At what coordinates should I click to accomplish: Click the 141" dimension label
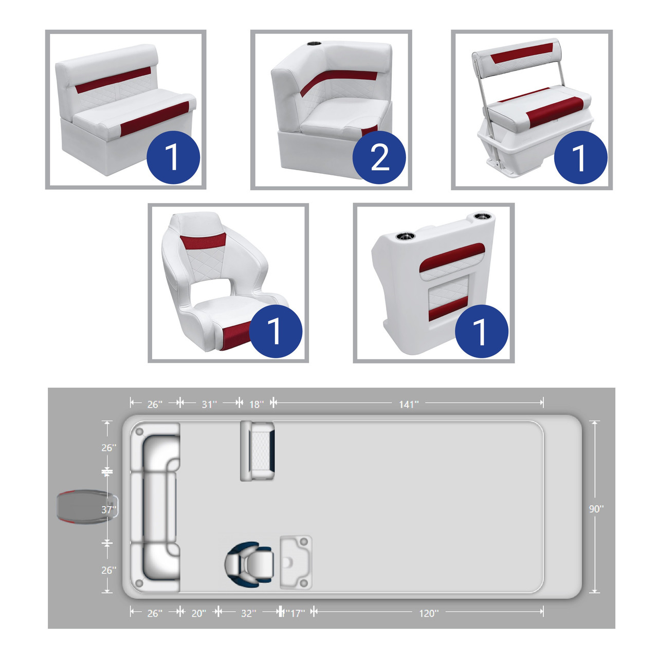click(408, 405)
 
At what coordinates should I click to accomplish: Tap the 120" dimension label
click(429, 614)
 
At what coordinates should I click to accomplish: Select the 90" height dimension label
click(596, 509)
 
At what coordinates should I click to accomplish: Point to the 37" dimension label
click(108, 510)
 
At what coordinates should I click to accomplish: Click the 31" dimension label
click(209, 405)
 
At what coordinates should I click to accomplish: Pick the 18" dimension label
click(257, 405)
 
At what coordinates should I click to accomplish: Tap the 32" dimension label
click(248, 614)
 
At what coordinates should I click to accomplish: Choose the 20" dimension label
click(198, 614)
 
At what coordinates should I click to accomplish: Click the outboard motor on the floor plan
click(87, 506)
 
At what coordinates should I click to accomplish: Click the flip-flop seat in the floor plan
click(257, 451)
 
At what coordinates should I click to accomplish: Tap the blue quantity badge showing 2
click(379, 157)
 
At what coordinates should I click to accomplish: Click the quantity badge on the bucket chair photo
click(276, 331)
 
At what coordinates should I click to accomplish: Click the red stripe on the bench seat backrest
click(113, 80)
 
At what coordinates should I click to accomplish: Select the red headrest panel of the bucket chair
click(203, 242)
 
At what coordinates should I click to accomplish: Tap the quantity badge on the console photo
click(482, 331)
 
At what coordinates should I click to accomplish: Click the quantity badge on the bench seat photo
click(173, 157)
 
